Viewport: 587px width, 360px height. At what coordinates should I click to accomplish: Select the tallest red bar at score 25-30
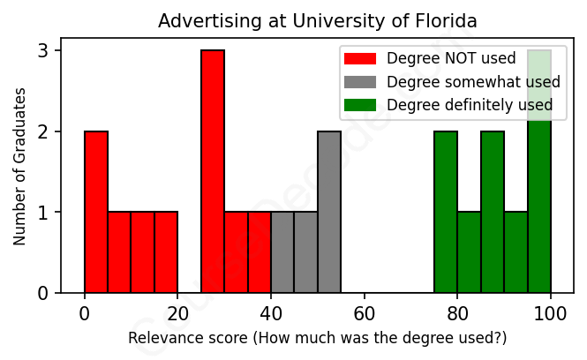point(213,171)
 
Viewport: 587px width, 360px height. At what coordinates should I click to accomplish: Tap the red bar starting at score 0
point(96,212)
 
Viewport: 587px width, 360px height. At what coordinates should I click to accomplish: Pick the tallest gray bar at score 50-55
point(329,212)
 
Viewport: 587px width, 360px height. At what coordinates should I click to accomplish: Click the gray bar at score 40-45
point(282,252)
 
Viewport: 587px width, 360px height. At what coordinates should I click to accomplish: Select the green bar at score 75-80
point(446,212)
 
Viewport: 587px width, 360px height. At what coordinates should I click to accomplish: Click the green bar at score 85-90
point(493,212)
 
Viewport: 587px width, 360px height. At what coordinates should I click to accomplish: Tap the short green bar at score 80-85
point(469,252)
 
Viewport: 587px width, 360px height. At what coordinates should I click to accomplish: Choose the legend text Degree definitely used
point(470,105)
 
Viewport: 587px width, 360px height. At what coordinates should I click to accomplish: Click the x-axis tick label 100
point(551,312)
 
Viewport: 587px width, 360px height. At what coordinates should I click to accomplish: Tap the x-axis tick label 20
point(178,312)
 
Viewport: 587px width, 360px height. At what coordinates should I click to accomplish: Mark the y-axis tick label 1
point(42,213)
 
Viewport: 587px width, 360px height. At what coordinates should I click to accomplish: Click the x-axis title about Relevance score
point(318,338)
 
